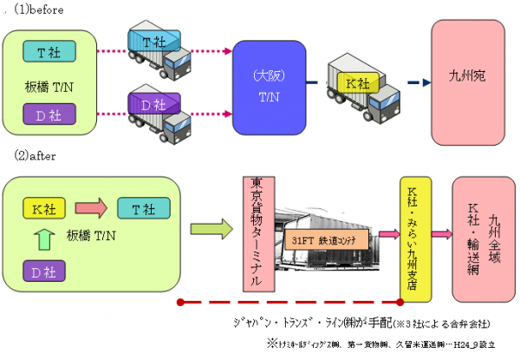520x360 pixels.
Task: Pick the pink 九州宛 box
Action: [467, 77]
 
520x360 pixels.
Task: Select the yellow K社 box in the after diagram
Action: [44, 209]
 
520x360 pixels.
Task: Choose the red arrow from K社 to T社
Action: [89, 209]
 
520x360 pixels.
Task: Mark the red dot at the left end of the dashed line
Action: [179, 302]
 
